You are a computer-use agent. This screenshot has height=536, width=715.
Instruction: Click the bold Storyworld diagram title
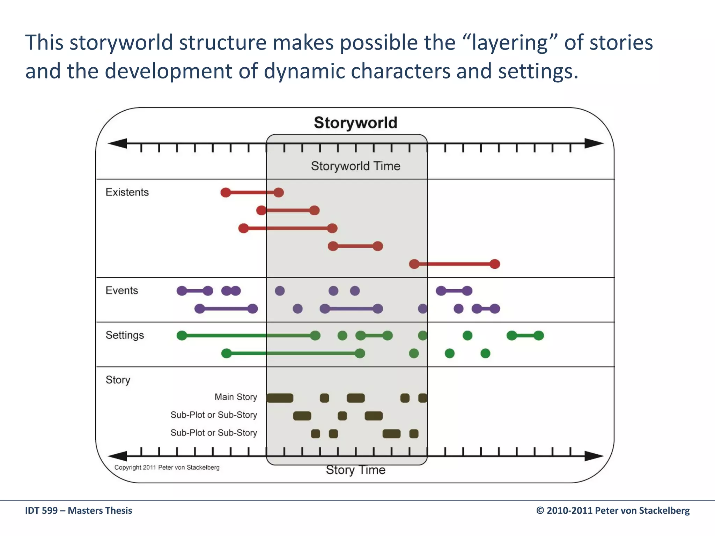point(355,123)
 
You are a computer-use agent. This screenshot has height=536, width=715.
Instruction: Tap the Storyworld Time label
point(355,166)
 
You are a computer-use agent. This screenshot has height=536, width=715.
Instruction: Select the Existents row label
point(127,192)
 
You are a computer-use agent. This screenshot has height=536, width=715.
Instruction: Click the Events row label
point(121,290)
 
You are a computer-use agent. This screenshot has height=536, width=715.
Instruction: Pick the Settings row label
point(125,335)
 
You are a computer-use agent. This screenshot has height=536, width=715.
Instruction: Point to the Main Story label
point(236,397)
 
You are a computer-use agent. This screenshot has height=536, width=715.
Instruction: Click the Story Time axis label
point(355,470)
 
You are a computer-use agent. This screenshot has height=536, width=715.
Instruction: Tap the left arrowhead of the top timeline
point(117,143)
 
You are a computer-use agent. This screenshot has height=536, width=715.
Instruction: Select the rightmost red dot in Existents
point(495,264)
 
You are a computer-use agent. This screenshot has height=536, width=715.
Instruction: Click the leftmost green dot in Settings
point(182,336)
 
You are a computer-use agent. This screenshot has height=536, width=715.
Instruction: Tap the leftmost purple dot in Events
point(182,291)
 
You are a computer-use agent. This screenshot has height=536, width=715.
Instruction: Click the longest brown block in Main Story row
point(280,398)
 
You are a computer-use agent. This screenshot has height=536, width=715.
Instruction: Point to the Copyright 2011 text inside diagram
point(167,468)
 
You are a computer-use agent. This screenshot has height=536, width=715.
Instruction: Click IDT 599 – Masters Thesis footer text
point(79,511)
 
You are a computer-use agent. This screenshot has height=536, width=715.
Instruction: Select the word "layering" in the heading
point(509,43)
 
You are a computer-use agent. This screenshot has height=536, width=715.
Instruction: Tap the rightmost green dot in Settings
point(539,336)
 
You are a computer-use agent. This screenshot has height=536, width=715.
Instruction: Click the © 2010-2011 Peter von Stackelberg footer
point(613,511)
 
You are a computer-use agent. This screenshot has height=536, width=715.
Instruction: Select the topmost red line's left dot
point(226,192)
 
